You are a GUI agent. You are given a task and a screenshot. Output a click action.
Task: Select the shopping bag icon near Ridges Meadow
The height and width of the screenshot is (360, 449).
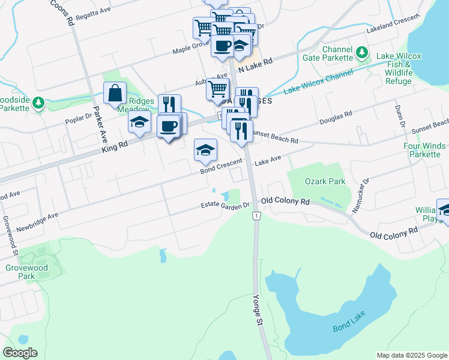(x=115, y=94)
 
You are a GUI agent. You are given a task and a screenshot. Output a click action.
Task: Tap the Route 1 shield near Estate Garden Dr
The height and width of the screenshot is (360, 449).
(x=256, y=215)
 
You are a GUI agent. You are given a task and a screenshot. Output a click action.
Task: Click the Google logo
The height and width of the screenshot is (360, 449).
(x=20, y=353)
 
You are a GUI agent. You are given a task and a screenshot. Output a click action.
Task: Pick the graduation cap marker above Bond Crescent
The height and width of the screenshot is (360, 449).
(x=205, y=150)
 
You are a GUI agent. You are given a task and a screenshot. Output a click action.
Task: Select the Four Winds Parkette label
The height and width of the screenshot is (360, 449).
(x=425, y=150)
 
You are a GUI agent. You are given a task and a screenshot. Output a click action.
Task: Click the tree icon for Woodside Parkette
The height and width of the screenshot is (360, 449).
(x=38, y=103)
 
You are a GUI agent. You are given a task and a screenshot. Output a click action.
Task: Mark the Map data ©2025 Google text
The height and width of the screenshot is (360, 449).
(x=411, y=355)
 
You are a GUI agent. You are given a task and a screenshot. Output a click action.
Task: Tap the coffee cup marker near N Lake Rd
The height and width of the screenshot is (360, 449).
(x=222, y=46)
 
